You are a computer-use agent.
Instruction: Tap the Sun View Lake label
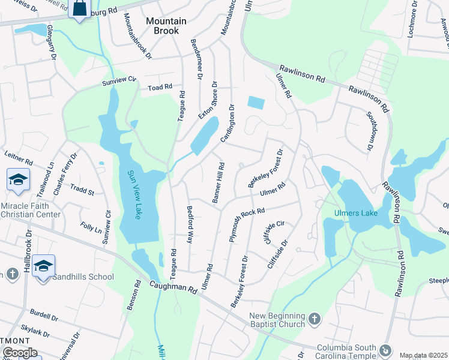click(133, 194)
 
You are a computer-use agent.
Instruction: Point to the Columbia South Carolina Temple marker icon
click(385, 349)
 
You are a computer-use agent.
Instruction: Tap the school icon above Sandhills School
click(44, 265)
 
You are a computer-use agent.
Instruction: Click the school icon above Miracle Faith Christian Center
click(18, 179)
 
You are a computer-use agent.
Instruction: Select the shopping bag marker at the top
click(79, 8)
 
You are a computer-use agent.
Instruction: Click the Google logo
click(19, 353)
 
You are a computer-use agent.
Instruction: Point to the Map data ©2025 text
click(423, 355)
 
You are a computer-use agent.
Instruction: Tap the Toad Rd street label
click(160, 88)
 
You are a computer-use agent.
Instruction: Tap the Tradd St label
click(83, 191)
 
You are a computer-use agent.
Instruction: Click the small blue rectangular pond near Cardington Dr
click(255, 103)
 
